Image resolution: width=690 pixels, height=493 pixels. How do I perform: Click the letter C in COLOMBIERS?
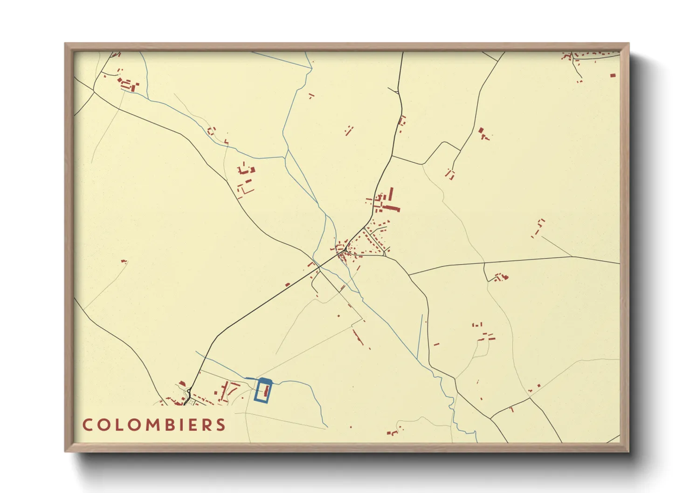pyautogui.click(x=87, y=425)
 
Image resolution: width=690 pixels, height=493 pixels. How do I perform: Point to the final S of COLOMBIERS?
pyautogui.click(x=221, y=425)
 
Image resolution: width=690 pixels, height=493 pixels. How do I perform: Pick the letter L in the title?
pyautogui.click(x=120, y=425)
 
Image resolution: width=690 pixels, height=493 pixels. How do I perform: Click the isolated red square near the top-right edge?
pyautogui.click(x=613, y=75)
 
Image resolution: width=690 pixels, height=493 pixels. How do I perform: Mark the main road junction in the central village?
pyautogui.click(x=344, y=250)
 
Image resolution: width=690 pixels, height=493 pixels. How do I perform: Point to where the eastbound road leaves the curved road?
pyautogui.click(x=409, y=275)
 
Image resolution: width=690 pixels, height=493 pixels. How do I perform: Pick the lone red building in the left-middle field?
pyautogui.click(x=124, y=261)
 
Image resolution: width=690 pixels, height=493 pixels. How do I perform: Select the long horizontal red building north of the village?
pyautogui.click(x=391, y=208)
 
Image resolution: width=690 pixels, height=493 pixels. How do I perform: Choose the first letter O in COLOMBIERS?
pyautogui.click(x=103, y=425)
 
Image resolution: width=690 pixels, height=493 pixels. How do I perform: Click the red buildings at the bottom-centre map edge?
pyautogui.click(x=393, y=433)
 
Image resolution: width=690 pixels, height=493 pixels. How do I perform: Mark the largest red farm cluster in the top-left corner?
pyautogui.click(x=128, y=85)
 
